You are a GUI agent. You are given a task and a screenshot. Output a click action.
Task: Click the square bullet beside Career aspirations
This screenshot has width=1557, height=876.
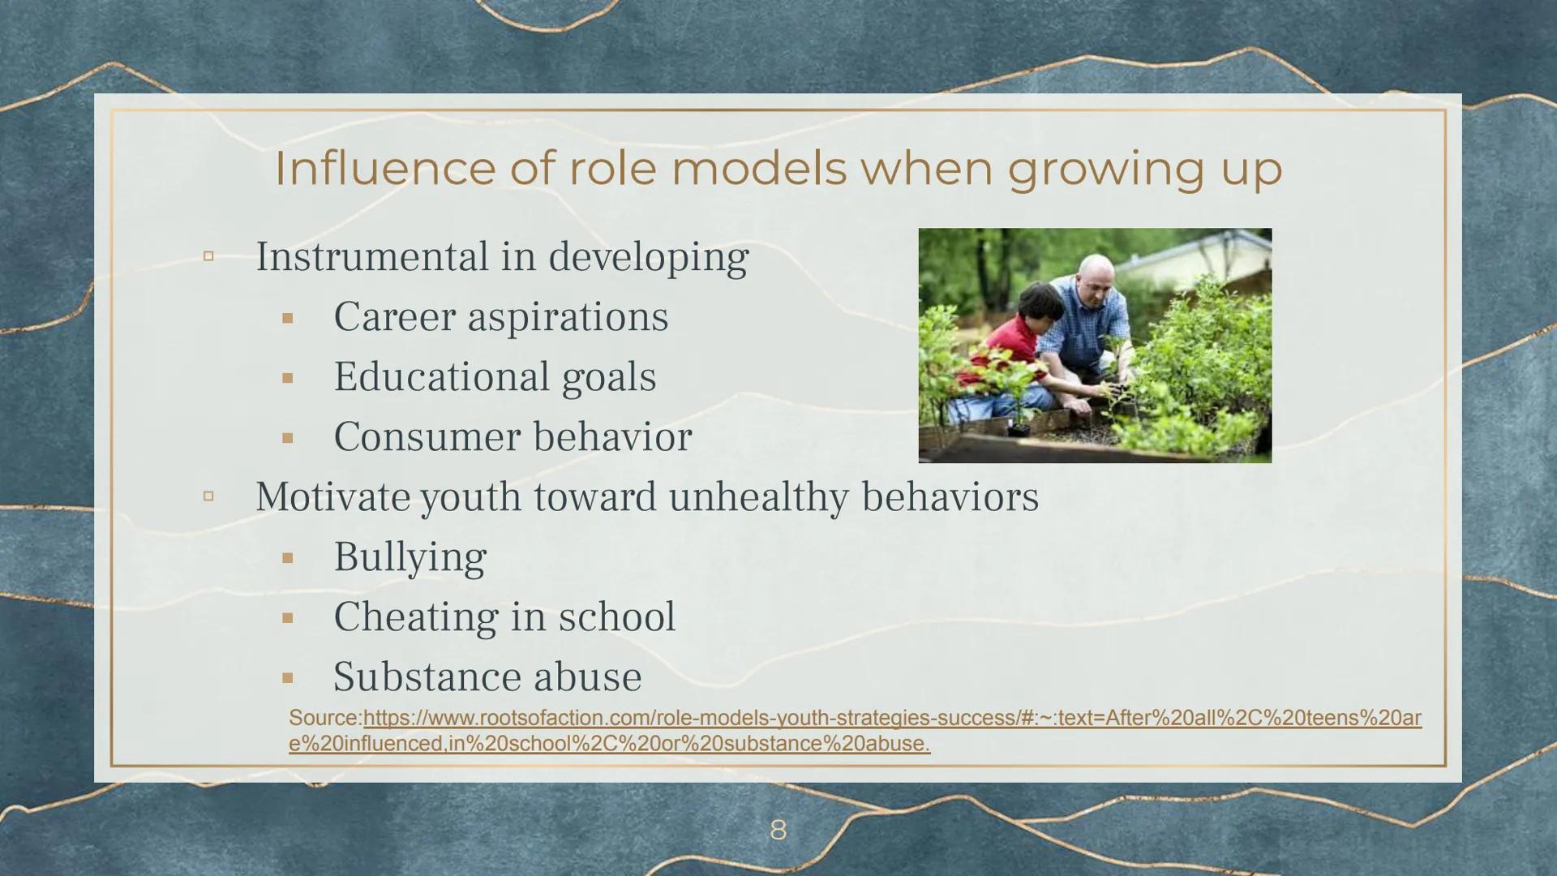tap(287, 318)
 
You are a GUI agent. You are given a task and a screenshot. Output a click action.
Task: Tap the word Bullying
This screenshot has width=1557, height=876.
tap(410, 558)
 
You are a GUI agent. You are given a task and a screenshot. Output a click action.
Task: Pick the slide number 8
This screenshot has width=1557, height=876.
tap(778, 830)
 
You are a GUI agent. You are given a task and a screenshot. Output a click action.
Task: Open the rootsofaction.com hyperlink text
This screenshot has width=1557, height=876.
tap(855, 731)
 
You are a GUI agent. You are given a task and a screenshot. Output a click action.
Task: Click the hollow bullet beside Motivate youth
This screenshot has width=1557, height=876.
tap(208, 496)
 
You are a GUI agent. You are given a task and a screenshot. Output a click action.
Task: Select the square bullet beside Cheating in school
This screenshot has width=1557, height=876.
tap(287, 618)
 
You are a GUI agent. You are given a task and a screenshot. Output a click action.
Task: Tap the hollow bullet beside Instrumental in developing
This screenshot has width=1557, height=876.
tap(208, 256)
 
